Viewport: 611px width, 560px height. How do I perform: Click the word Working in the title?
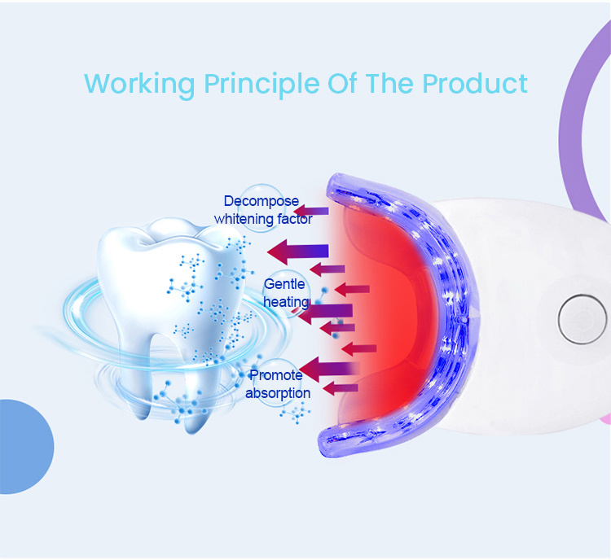[x=139, y=85]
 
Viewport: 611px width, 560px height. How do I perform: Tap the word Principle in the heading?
[x=262, y=85]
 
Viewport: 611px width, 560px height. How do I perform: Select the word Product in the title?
[x=475, y=83]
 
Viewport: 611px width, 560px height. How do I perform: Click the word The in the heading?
[x=389, y=83]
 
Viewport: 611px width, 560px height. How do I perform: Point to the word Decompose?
[x=262, y=201]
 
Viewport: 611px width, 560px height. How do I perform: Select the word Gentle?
[x=284, y=284]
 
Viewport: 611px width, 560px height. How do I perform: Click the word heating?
[x=287, y=302]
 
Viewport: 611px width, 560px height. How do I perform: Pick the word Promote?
[x=276, y=375]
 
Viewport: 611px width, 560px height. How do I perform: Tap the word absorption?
[x=278, y=393]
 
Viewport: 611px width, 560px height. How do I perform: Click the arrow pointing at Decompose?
[x=311, y=211]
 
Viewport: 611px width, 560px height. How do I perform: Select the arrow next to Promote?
[x=329, y=369]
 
